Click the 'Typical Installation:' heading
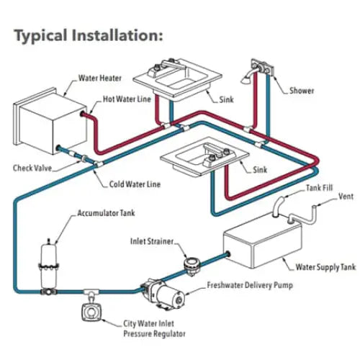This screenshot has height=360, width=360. point(89,35)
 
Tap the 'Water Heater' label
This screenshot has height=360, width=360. point(100,78)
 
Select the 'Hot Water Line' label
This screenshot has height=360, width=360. point(127,99)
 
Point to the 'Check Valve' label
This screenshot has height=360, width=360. point(32,168)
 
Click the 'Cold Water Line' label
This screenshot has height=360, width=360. point(135,184)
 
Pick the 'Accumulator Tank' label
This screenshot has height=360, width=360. point(106,213)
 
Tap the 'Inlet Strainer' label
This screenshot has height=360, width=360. point(152,241)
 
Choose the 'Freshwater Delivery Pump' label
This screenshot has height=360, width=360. point(250,285)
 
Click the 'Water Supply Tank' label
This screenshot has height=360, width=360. point(325,267)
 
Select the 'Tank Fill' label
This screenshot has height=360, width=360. point(320,188)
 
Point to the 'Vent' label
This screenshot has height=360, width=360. point(346,197)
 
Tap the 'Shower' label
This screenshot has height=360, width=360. point(302,91)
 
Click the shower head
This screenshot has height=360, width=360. point(246,80)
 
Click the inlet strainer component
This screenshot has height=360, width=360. point(192,266)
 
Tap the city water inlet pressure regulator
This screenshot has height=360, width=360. point(91,312)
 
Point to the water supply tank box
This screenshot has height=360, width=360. point(262,243)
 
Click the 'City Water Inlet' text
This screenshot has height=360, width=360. point(148,323)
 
